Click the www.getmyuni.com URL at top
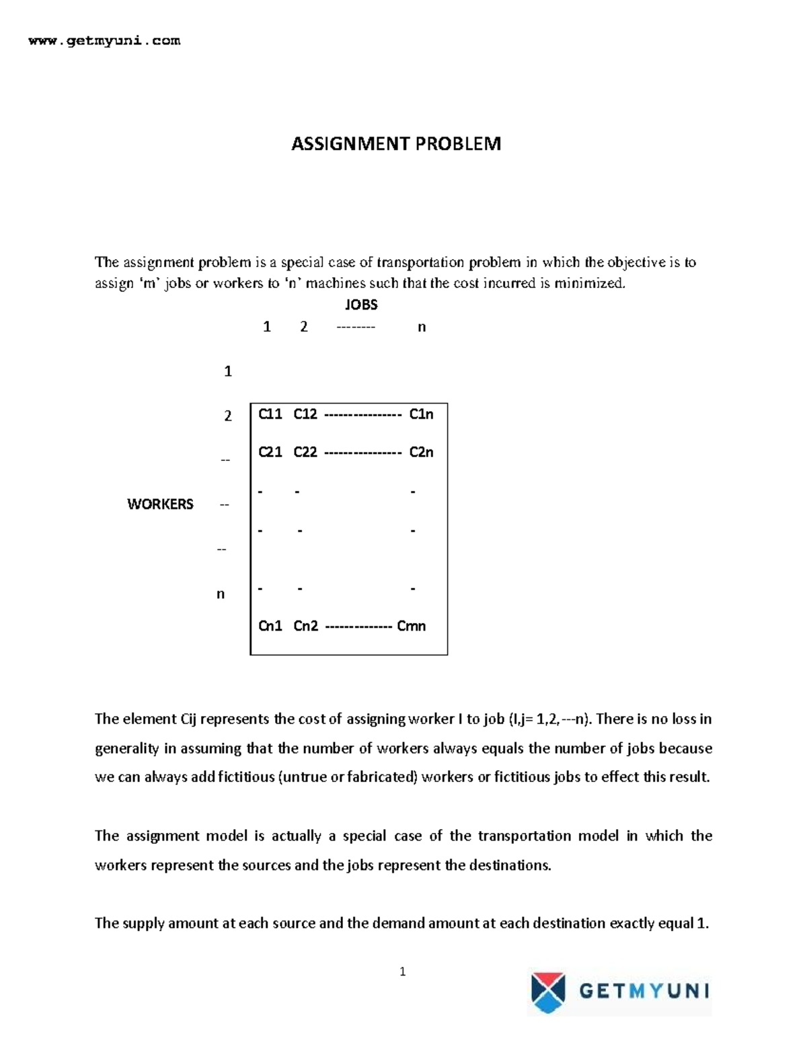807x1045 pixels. pyautogui.click(x=104, y=41)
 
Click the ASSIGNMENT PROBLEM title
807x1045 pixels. pyautogui.click(x=395, y=143)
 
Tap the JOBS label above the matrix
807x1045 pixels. pyautogui.click(x=361, y=305)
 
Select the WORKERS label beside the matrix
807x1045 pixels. pyautogui.click(x=160, y=504)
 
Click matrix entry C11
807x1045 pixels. pyautogui.click(x=270, y=415)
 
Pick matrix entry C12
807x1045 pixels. pyautogui.click(x=305, y=415)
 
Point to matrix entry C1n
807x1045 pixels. pyautogui.click(x=422, y=415)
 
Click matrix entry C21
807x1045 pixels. pyautogui.click(x=270, y=452)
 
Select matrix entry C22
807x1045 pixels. pyautogui.click(x=305, y=452)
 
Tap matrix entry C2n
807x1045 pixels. pyautogui.click(x=422, y=452)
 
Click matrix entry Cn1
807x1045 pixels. pyautogui.click(x=270, y=626)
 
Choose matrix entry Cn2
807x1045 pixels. pyautogui.click(x=306, y=626)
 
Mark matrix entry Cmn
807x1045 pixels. pyautogui.click(x=412, y=626)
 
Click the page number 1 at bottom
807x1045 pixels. pyautogui.click(x=402, y=972)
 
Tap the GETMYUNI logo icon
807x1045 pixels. pyautogui.click(x=548, y=992)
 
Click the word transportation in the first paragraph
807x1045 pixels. pyautogui.click(x=420, y=262)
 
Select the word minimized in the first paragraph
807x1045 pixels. pyautogui.click(x=590, y=283)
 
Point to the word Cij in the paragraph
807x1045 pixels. pyautogui.click(x=188, y=719)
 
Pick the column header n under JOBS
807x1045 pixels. pyautogui.click(x=422, y=328)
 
